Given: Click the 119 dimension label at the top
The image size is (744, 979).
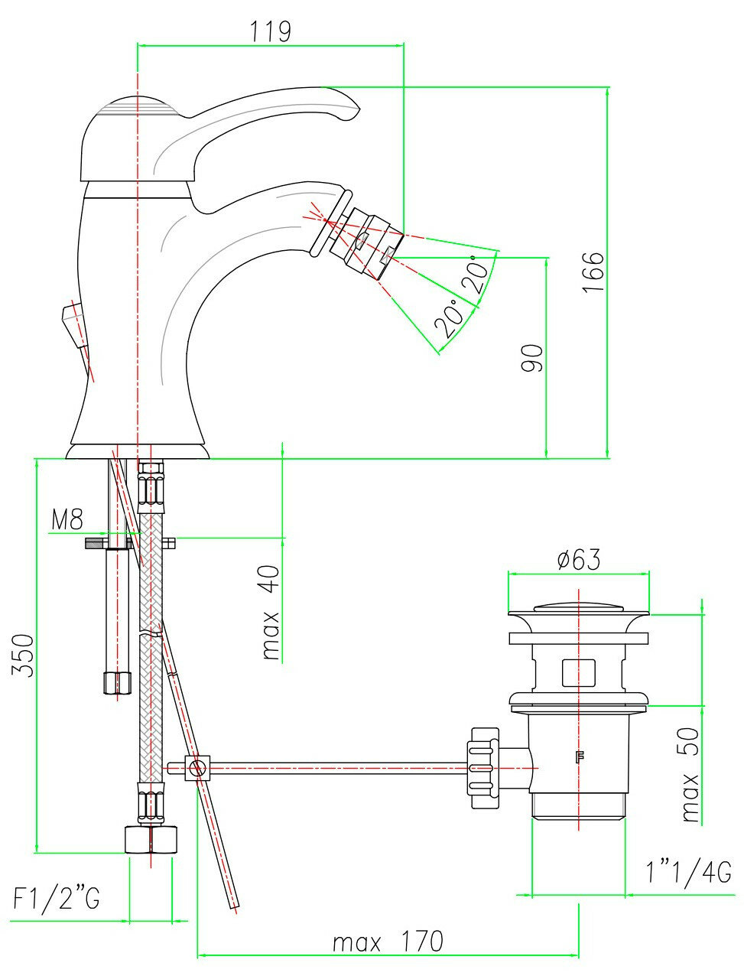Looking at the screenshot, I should pos(270,31).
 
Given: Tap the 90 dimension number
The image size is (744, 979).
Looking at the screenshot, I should pos(533,358).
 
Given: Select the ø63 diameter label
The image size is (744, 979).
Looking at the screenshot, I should pos(578,560).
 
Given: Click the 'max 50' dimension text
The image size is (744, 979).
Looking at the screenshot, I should pos(690,775).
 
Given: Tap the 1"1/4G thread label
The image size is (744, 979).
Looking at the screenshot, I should pos(687,871).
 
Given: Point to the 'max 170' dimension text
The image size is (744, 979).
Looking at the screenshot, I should pos(388,941).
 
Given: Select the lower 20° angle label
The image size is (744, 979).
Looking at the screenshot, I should pos(450,318).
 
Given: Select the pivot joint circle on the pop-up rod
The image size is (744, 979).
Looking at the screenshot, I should pos(198,766).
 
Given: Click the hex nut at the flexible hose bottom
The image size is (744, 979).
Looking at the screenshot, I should pos(151,839).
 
